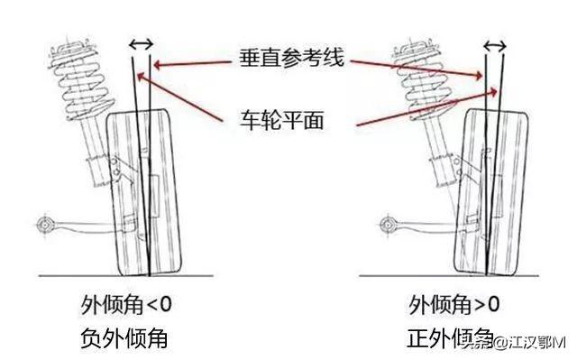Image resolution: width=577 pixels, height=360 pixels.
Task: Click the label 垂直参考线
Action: [x=291, y=58]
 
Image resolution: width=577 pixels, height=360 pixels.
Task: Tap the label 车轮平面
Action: [x=282, y=120]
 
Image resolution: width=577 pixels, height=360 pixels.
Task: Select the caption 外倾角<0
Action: [x=126, y=304]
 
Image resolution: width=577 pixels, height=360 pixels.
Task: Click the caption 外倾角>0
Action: [x=454, y=304]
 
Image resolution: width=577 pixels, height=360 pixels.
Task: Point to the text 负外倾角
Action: [x=124, y=338]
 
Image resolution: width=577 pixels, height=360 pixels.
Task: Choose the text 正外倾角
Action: [x=451, y=337]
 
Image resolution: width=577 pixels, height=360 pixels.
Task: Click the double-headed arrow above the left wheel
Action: [x=141, y=44]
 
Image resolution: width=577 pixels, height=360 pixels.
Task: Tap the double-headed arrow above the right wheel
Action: [x=495, y=46]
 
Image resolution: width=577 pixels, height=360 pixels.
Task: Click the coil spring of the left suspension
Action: [x=80, y=78]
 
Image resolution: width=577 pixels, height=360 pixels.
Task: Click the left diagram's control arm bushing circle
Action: [x=44, y=224]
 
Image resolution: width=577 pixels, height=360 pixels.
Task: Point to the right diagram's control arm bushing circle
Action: [x=387, y=224]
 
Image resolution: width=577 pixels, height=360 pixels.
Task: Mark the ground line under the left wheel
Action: [x=126, y=276]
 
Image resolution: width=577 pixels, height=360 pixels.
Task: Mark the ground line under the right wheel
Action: [x=449, y=275]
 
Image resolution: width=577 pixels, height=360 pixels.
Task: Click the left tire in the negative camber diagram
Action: [x=144, y=192]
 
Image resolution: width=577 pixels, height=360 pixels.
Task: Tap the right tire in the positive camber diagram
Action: [x=490, y=192]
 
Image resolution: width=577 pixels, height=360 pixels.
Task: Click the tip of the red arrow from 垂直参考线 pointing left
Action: [x=154, y=66]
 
